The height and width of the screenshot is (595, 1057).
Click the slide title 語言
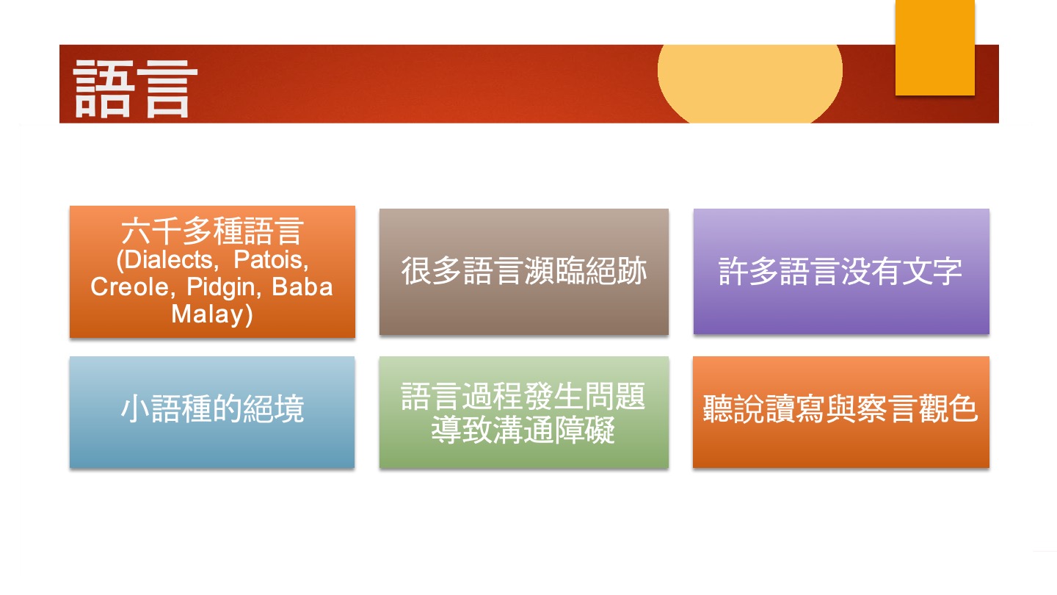(x=135, y=89)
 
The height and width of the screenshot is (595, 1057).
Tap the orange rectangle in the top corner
(x=935, y=47)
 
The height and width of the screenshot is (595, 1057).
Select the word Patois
(x=269, y=260)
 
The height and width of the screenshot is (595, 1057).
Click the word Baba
(x=302, y=286)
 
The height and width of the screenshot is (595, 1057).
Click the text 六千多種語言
(x=212, y=231)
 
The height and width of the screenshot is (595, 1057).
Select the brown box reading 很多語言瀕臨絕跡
(x=524, y=272)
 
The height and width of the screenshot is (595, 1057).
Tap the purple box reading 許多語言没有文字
(x=841, y=271)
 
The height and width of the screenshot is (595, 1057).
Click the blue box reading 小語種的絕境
(x=212, y=412)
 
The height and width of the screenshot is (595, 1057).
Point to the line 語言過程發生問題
(x=523, y=396)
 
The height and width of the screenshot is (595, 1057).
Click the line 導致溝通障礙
(x=523, y=430)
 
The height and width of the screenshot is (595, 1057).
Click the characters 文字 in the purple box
(x=932, y=272)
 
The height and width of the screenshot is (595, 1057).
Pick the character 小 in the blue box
(x=136, y=408)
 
